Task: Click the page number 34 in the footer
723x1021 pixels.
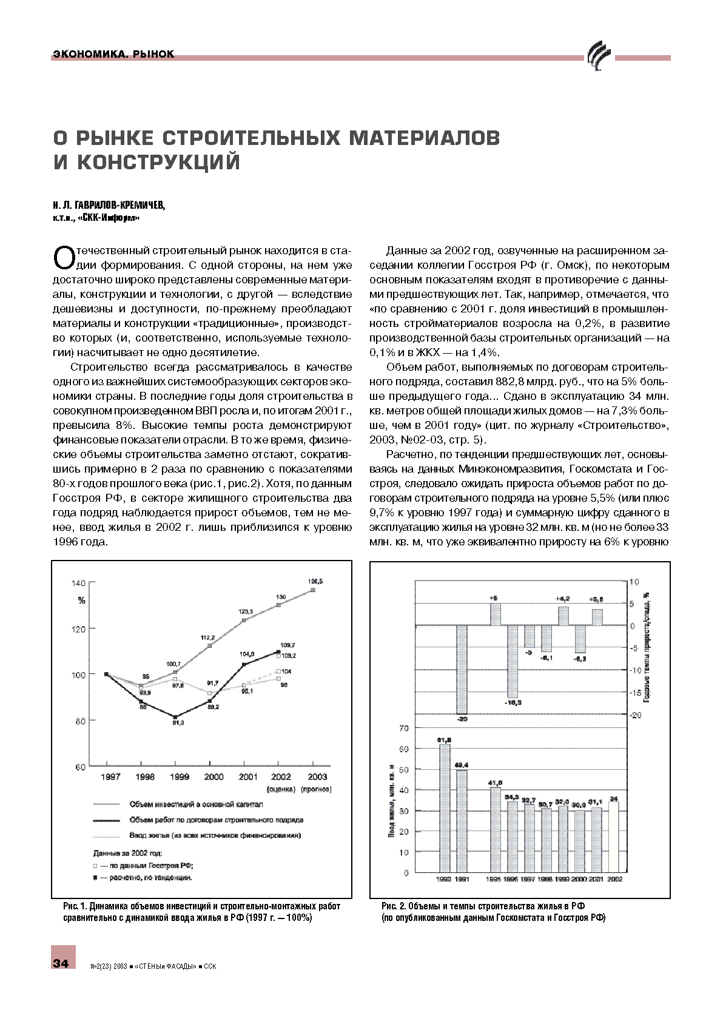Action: pyautogui.click(x=61, y=963)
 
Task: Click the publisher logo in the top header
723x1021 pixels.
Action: pyautogui.click(x=599, y=57)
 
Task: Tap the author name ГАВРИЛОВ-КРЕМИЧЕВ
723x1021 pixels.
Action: pyautogui.click(x=115, y=205)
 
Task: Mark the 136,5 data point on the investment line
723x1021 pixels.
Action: pyautogui.click(x=313, y=589)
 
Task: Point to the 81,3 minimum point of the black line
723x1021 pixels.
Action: pyautogui.click(x=175, y=717)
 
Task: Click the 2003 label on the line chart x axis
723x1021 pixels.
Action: pyautogui.click(x=317, y=777)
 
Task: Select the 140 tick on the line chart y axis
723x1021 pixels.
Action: pyautogui.click(x=79, y=583)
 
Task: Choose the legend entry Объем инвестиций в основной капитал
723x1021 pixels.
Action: pyautogui.click(x=195, y=804)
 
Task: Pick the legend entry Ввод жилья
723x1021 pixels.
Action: pyautogui.click(x=215, y=835)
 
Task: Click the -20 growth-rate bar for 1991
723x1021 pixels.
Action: pyautogui.click(x=462, y=669)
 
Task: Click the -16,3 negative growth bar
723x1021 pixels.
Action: pyautogui.click(x=513, y=661)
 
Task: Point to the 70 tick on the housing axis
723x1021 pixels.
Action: pyautogui.click(x=404, y=727)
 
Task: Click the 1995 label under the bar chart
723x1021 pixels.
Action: pyautogui.click(x=494, y=879)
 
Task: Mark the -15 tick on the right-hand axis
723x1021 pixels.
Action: pyautogui.click(x=635, y=693)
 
